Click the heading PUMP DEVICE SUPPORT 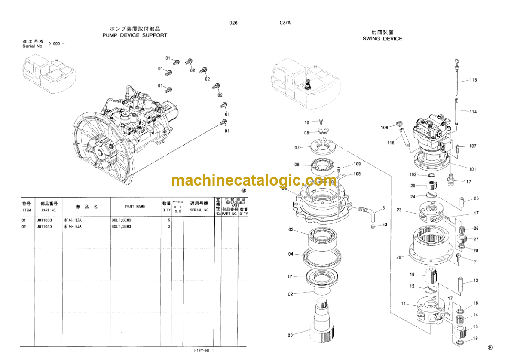coord(135,35)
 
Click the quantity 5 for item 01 coord(168,220)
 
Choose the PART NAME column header coord(135,207)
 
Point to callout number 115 coord(473,80)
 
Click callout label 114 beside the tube coord(473,112)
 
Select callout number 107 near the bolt coord(472,146)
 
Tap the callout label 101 coord(472,169)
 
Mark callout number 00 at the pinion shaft coord(290,335)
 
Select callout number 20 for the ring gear coord(399,257)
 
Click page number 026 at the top coord(233,23)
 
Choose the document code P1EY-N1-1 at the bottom coord(204,351)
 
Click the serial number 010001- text coord(56,44)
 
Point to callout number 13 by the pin coord(475,281)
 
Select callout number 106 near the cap coord(384,128)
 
